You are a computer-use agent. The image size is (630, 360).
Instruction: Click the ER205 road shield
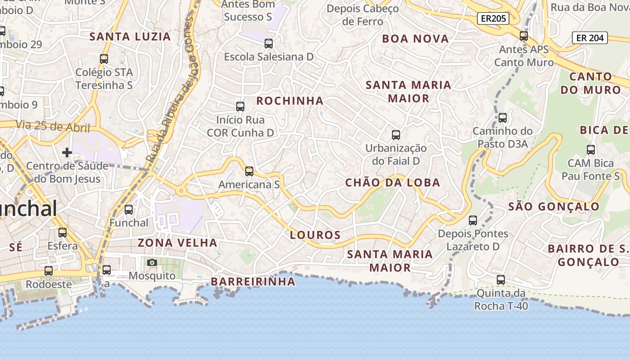point(493,18)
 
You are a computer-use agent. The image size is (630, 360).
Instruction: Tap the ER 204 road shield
point(590,38)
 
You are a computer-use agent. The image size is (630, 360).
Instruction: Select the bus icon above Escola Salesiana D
point(269,44)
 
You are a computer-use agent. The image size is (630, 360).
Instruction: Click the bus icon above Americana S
point(249,171)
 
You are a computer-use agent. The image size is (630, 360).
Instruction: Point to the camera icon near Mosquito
point(152,262)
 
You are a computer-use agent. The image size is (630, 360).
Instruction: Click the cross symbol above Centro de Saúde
point(67,153)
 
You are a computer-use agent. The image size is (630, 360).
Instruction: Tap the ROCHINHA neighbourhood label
point(290,101)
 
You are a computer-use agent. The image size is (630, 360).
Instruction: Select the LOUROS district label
point(315,235)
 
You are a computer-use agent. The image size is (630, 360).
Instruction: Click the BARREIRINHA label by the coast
point(253,282)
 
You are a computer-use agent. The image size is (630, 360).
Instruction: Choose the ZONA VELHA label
point(177,243)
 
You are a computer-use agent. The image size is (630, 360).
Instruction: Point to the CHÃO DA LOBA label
point(392,183)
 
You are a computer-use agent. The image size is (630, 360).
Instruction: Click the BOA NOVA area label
point(415,39)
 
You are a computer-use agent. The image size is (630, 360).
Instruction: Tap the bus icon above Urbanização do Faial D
point(396,135)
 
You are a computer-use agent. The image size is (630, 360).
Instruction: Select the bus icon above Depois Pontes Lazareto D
point(473,220)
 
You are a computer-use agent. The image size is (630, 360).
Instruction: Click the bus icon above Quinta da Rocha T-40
point(501,280)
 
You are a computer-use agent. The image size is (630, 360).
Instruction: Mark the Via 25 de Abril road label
point(53,126)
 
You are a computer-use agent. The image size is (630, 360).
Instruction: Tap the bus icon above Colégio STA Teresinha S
point(104,59)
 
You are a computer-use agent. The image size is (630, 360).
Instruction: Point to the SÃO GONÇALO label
point(553,207)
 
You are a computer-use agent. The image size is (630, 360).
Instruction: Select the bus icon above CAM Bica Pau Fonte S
point(591,150)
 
